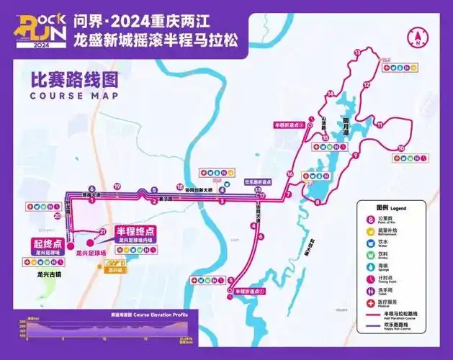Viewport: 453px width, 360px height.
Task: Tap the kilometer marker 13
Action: (358, 53)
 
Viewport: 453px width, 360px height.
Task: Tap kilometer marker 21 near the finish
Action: (103, 231)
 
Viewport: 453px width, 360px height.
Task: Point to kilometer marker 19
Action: (117, 186)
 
